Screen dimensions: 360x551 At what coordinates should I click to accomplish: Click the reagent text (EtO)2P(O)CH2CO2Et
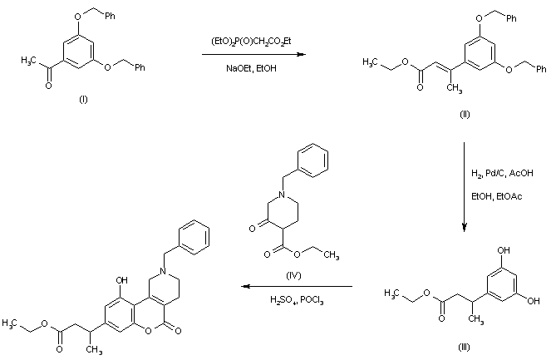click(x=253, y=41)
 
